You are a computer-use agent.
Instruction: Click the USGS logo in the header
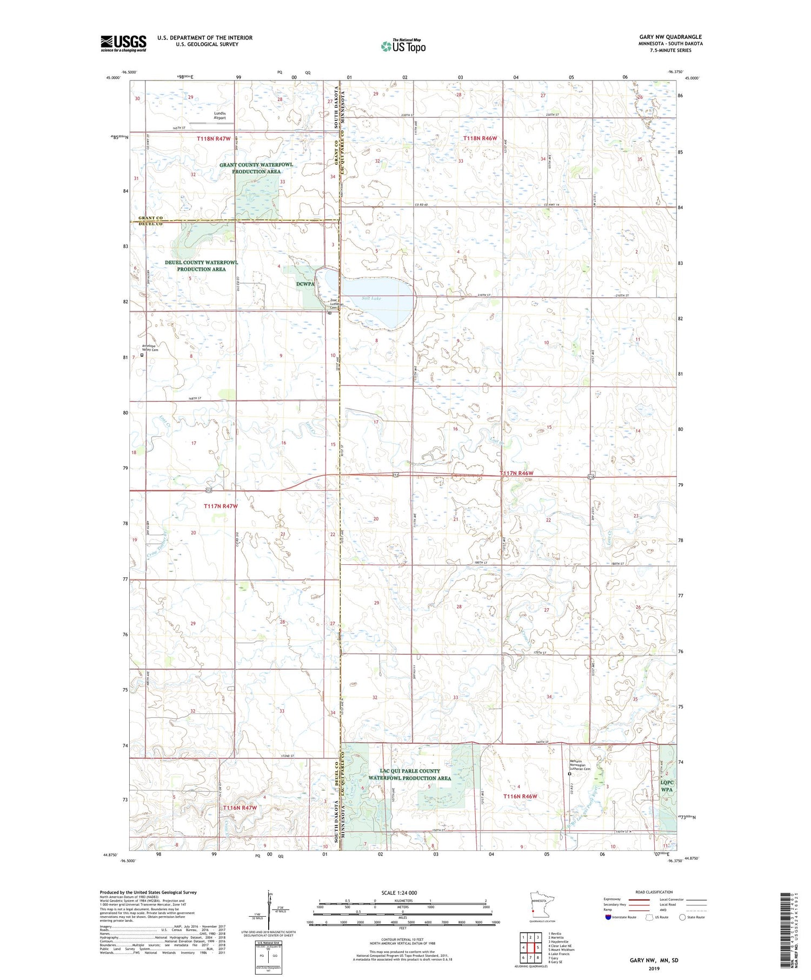tap(123, 43)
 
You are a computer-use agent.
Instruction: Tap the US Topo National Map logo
tap(403, 46)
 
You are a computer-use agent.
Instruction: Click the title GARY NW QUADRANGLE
tap(670, 37)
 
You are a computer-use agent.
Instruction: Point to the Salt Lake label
tap(371, 298)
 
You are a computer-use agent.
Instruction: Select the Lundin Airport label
tap(219, 115)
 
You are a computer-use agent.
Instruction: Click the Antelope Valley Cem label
tap(150, 348)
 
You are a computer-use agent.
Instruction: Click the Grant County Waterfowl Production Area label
tap(256, 168)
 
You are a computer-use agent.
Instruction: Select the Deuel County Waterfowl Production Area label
tap(201, 265)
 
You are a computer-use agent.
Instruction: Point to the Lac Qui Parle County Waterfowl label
tap(409, 774)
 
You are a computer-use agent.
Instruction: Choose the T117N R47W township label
tap(221, 506)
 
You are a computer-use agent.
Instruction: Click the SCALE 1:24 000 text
tap(399, 892)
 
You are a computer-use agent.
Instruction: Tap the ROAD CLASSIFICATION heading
tap(654, 892)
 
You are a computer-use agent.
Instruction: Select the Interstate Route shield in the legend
tap(608, 917)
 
